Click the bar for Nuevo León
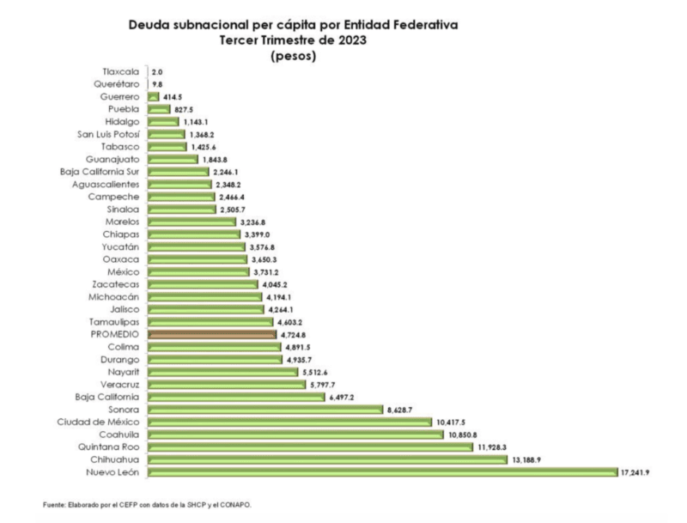click(383, 472)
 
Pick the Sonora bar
click(265, 410)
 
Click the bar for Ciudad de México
click(290, 423)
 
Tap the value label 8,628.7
click(403, 410)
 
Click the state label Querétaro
click(117, 84)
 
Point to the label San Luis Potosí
click(108, 134)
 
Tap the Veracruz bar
click(227, 386)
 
